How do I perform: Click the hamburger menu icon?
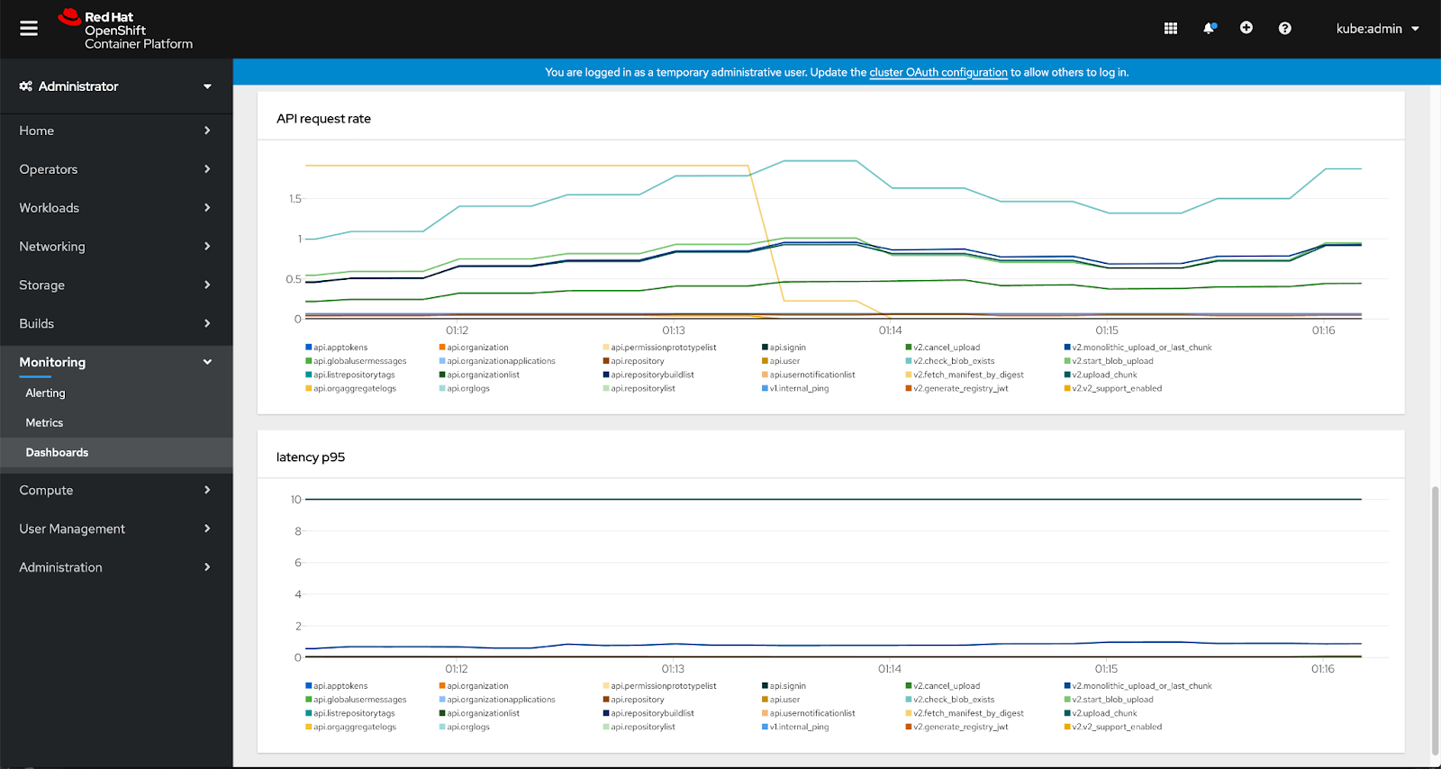point(29,29)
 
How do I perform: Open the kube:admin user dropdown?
point(1377,29)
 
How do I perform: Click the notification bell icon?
point(1209,29)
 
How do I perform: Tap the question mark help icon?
point(1284,29)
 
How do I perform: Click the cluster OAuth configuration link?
point(938,73)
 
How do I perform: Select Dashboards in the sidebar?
point(57,453)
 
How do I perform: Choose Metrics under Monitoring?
point(44,423)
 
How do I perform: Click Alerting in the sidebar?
point(45,394)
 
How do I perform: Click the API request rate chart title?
point(323,119)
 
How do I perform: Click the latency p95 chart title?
point(310,457)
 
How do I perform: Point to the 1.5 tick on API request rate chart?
point(295,199)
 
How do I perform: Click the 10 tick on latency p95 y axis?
point(295,500)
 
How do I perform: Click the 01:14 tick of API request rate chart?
point(890,330)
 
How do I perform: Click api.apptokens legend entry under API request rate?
point(340,348)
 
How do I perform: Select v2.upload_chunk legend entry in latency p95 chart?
point(1103,713)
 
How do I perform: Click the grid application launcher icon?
point(1170,29)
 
